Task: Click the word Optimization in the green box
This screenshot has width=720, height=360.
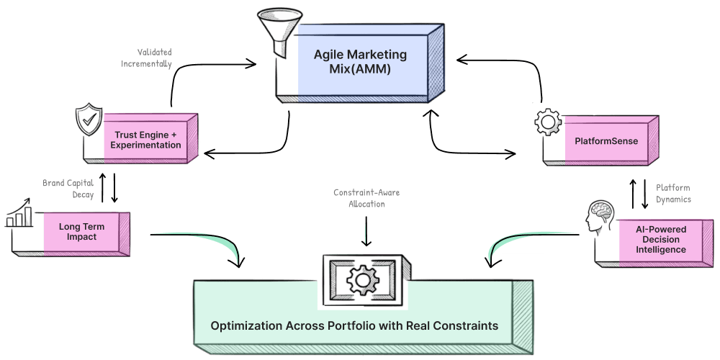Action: [x=245, y=326]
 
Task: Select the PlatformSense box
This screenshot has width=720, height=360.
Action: [x=606, y=141]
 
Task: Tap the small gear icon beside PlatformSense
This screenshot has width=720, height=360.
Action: [x=547, y=123]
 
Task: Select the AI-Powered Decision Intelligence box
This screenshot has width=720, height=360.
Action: [x=660, y=239]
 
